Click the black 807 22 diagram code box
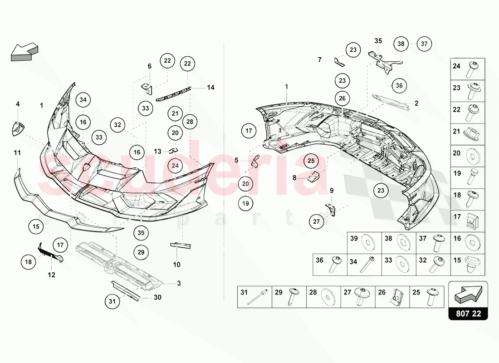(x=468, y=314)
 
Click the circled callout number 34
(x=83, y=100)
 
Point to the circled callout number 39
(x=141, y=233)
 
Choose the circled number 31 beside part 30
(x=112, y=301)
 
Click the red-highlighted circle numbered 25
(x=311, y=161)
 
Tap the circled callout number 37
(x=424, y=44)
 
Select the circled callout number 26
(x=342, y=98)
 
